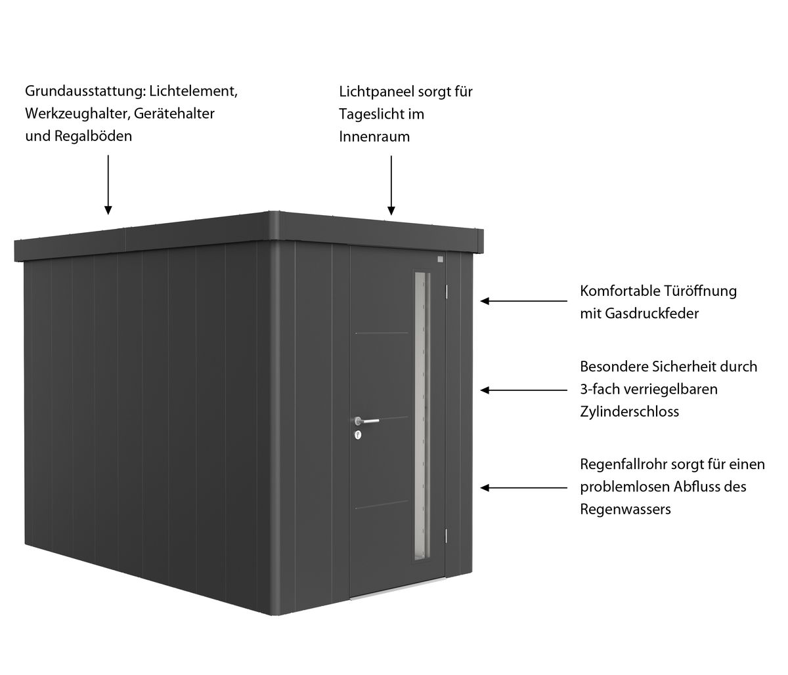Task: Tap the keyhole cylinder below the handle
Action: [358, 435]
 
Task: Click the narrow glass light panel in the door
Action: [422, 417]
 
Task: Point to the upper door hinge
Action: [447, 291]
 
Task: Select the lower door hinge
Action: [447, 535]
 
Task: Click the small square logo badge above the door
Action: [441, 259]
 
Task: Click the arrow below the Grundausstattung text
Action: [108, 185]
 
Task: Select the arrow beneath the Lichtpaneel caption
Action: [391, 185]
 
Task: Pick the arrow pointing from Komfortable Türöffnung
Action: [524, 301]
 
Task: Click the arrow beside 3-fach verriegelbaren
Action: [524, 390]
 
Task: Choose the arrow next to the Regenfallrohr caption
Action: [524, 487]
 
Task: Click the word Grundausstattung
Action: [85, 91]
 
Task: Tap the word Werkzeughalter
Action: [77, 113]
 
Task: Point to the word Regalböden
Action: [93, 136]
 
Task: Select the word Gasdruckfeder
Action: [651, 314]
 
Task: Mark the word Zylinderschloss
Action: [629, 411]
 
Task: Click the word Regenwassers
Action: [625, 509]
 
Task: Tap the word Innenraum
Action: [374, 136]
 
